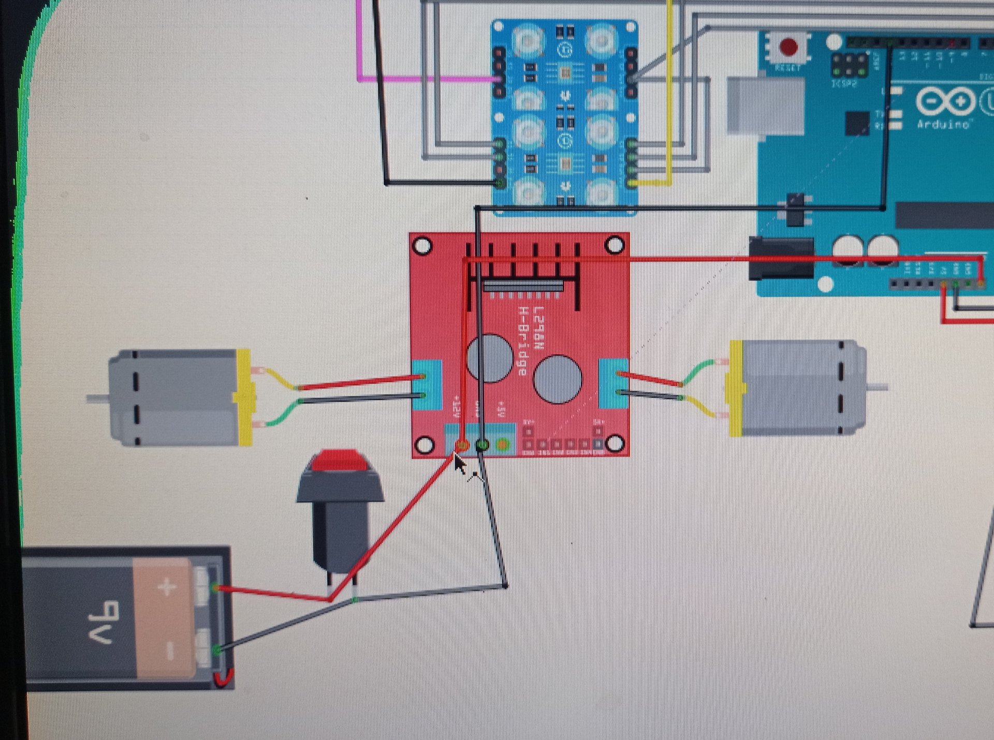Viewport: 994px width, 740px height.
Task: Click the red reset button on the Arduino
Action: click(x=788, y=47)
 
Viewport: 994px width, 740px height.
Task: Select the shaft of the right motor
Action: click(x=878, y=387)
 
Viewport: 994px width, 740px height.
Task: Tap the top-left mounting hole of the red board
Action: click(x=423, y=246)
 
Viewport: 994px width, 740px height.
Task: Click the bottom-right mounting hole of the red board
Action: click(x=615, y=443)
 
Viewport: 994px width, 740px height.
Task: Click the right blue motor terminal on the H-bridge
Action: click(x=613, y=382)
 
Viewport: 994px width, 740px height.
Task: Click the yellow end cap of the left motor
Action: click(x=243, y=397)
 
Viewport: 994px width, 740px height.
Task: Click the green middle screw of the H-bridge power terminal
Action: click(x=482, y=444)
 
